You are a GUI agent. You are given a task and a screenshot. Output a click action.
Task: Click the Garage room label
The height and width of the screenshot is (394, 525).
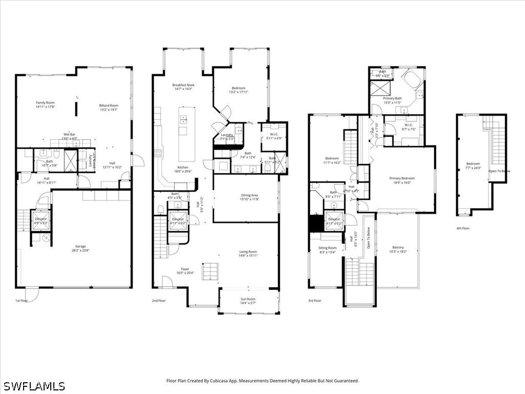pos(80,247)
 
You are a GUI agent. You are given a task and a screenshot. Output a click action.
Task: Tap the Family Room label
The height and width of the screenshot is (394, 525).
pos(45,103)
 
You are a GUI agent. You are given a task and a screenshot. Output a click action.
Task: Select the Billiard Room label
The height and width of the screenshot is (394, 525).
pos(109,106)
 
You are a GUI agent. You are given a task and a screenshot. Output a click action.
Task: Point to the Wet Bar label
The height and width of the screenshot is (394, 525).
pos(69,134)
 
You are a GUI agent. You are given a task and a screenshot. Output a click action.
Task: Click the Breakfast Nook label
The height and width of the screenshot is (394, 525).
pos(183,85)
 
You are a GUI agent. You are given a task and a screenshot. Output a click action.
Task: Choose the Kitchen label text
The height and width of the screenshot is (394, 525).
pos(183,168)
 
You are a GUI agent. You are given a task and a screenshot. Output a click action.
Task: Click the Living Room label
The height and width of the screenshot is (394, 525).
pos(248,252)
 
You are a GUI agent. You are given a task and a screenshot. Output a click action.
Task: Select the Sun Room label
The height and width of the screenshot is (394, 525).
pos(248,299)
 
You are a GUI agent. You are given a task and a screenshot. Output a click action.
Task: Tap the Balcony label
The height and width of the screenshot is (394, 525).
pos(398,247)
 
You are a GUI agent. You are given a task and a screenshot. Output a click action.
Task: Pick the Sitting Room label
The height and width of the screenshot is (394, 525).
pos(328,248)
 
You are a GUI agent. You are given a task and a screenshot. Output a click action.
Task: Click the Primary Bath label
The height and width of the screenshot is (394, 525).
pos(392,98)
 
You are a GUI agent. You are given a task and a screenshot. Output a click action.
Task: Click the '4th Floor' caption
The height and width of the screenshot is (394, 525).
pos(462,228)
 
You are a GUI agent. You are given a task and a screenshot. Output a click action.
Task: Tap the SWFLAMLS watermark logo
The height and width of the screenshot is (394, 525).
pos(34,386)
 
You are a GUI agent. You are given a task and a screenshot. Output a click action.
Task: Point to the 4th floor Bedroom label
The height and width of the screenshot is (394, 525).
pos(473,164)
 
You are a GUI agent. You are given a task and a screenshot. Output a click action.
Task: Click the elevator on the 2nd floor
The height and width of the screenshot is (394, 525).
pos(177,220)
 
